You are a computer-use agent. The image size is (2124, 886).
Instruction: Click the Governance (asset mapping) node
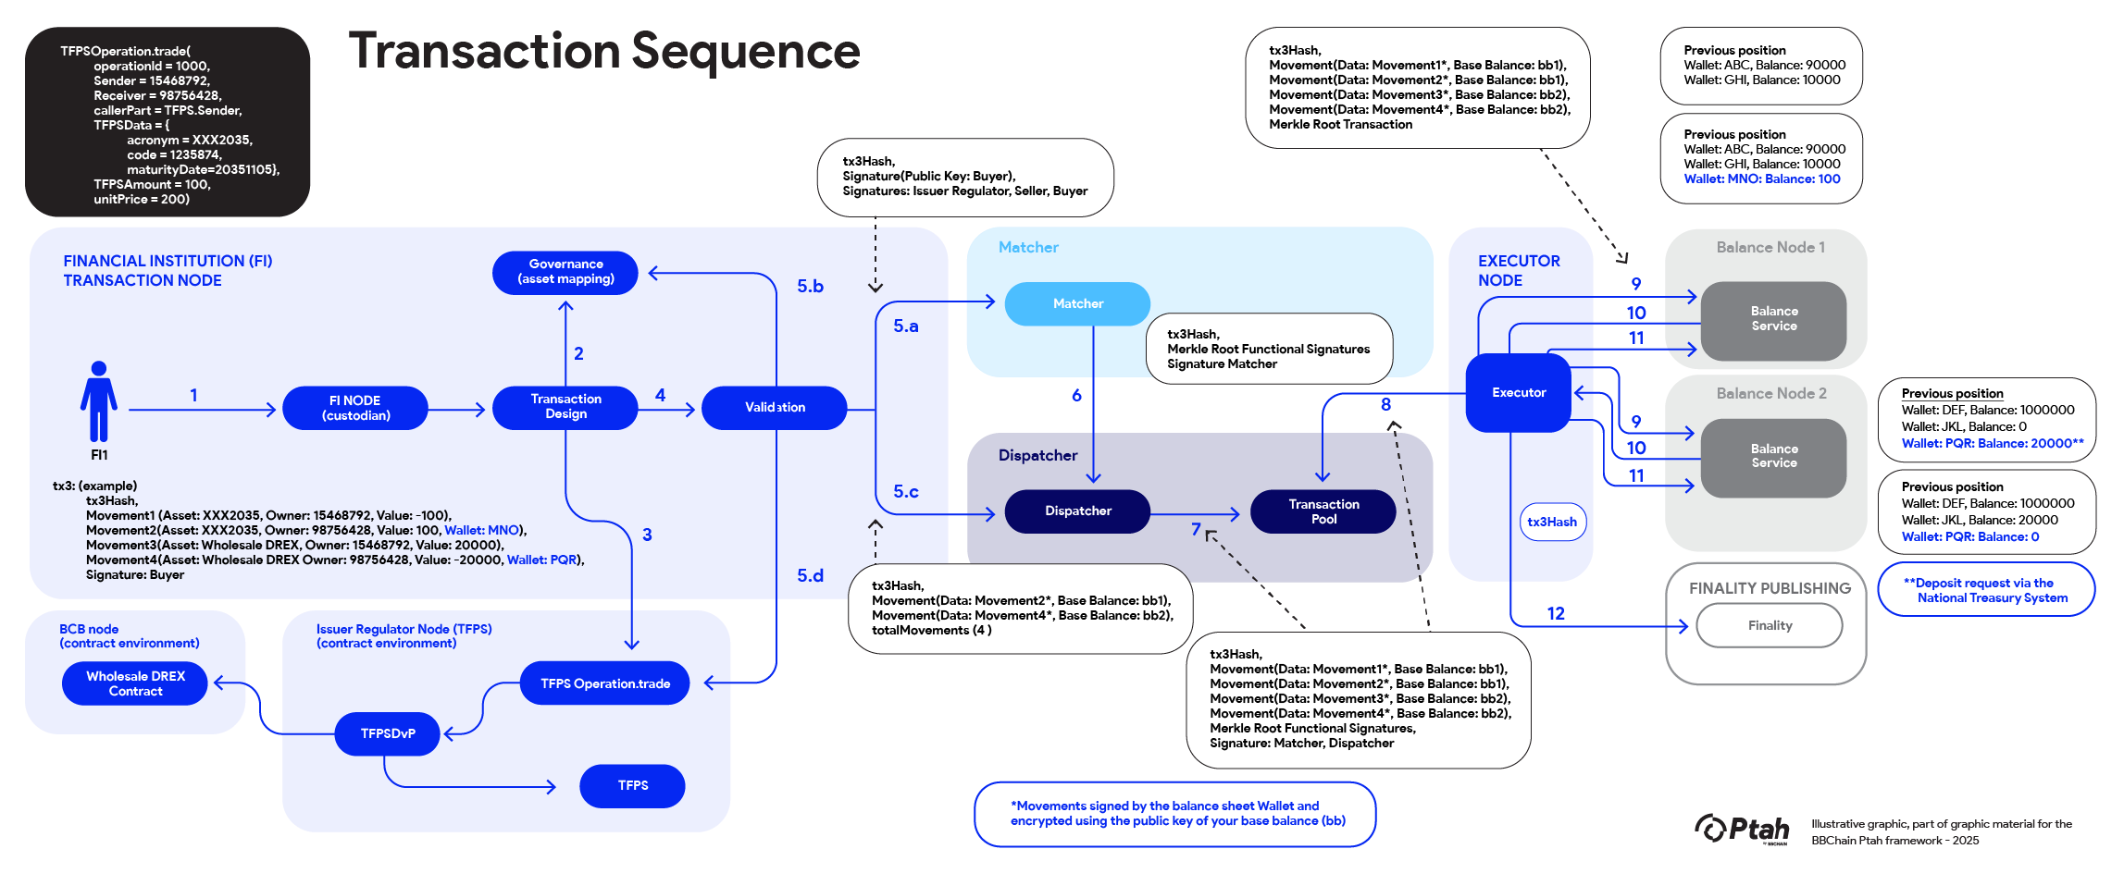coord(565,272)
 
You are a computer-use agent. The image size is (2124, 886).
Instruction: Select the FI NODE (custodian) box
coord(355,408)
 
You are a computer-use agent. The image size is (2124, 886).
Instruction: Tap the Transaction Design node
coord(565,407)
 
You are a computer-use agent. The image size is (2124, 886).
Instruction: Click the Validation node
coord(775,408)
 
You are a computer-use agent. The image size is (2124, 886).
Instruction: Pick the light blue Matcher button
coord(1077,303)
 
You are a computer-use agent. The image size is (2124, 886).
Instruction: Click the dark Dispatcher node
coord(1077,511)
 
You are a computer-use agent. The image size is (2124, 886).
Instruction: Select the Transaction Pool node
coord(1323,511)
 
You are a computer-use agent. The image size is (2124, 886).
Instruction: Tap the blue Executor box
coord(1518,393)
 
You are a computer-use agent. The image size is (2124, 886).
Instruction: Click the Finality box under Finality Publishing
coord(1770,626)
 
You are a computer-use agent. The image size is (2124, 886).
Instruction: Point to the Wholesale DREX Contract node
coord(135,683)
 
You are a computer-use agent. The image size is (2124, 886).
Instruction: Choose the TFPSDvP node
coord(388,733)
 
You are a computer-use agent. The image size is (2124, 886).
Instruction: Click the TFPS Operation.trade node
coord(605,683)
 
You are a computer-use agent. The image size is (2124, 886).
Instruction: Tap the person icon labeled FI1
coord(99,402)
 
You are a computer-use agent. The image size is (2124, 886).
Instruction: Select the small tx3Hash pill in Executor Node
coord(1552,522)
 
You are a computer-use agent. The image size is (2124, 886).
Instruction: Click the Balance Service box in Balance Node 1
coord(1773,319)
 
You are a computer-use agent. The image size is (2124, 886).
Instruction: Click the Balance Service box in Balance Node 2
coord(1773,457)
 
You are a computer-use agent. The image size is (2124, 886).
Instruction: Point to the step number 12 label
coord(1556,613)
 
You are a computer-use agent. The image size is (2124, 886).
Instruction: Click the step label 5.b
coord(810,287)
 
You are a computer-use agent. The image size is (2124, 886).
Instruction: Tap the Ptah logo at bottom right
coord(1742,829)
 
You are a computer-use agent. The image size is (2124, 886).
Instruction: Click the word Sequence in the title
coord(745,52)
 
